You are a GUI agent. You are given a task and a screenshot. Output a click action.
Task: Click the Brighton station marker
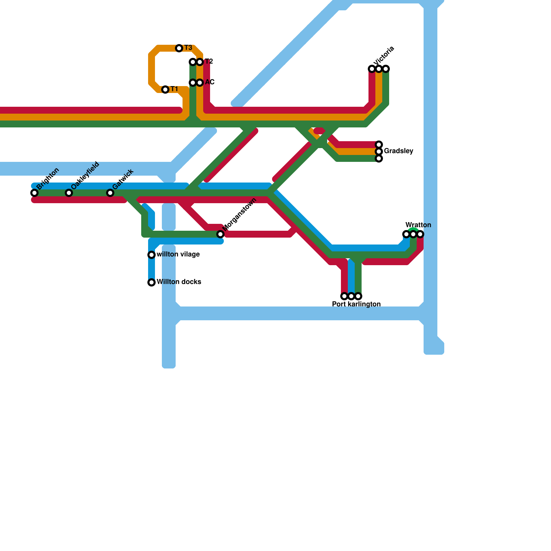click(x=34, y=193)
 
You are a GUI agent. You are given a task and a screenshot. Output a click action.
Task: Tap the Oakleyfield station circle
click(x=69, y=193)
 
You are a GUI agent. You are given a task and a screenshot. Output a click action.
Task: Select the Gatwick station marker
click(x=110, y=193)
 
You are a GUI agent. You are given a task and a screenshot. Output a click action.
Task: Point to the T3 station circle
click(x=179, y=48)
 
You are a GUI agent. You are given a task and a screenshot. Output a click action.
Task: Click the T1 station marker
click(x=165, y=90)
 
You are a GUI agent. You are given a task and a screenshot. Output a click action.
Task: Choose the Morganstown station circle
click(x=220, y=234)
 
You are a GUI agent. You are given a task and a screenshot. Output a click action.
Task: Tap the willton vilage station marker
click(x=152, y=255)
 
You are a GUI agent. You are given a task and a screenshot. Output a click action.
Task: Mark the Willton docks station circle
click(x=152, y=282)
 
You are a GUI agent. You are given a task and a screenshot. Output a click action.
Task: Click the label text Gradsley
click(x=398, y=151)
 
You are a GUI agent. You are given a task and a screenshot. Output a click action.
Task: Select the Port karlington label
click(x=356, y=304)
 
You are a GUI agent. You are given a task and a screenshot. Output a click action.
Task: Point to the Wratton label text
click(x=418, y=225)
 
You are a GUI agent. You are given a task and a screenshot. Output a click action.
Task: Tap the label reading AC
click(x=210, y=82)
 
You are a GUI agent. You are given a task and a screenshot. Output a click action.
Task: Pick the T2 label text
click(x=209, y=62)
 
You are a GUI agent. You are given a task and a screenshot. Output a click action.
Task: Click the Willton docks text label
click(x=179, y=282)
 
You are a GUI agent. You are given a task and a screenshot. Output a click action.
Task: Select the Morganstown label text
click(x=240, y=215)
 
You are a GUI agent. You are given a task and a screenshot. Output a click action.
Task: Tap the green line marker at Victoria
click(x=386, y=69)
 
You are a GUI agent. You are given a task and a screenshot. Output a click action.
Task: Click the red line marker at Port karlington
click(x=344, y=296)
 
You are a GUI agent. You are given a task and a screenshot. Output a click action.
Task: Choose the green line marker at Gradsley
click(x=379, y=158)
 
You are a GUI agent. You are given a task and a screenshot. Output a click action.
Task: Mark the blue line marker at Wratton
click(x=406, y=234)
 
